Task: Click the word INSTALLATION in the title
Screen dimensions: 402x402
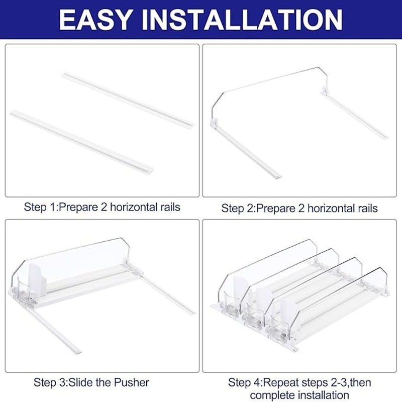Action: tap(244, 20)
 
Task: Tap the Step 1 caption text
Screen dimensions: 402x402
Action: tap(102, 207)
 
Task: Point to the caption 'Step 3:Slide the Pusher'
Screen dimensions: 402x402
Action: tap(91, 382)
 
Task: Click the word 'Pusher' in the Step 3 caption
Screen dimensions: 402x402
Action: tap(132, 382)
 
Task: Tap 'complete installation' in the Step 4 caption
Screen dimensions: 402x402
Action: tap(299, 395)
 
